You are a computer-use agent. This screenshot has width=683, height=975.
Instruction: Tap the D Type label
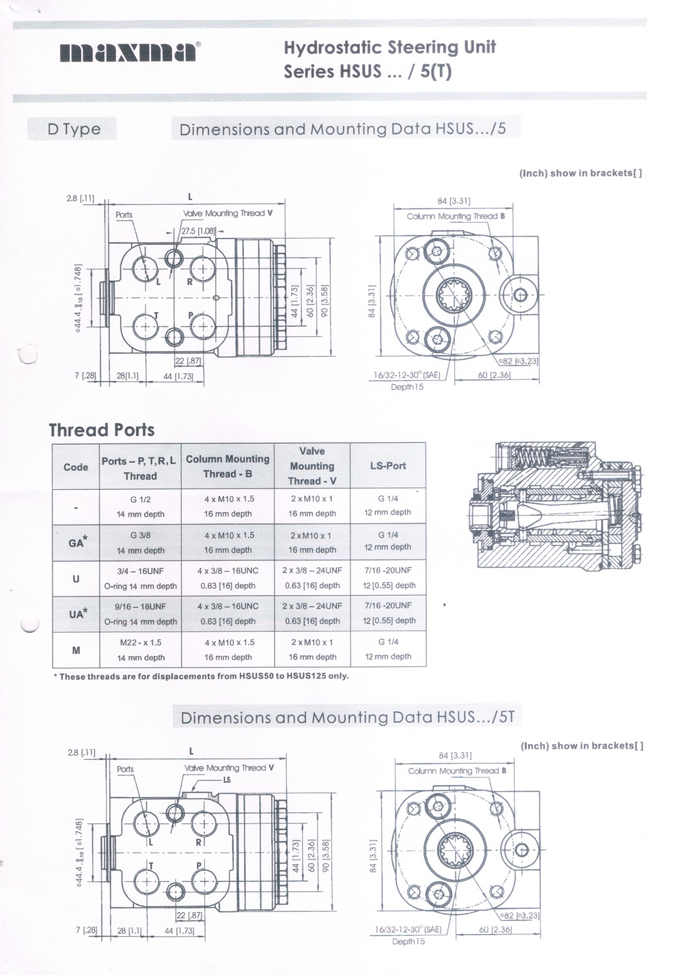74,129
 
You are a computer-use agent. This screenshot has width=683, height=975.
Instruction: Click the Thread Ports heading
102,430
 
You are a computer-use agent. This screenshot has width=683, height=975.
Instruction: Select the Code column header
76,467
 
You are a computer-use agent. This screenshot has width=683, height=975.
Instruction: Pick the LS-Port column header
387,466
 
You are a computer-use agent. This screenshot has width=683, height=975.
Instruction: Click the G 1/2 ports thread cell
140,506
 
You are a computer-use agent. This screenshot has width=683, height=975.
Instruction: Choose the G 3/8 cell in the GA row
140,543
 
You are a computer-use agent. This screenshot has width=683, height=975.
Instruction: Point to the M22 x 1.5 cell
140,650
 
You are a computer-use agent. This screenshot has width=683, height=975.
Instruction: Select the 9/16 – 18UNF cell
140,614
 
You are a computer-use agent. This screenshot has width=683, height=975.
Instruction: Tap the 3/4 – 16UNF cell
140,578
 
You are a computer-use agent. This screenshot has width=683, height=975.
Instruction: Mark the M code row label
76,650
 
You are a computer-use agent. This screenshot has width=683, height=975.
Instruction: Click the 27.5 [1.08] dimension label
198,231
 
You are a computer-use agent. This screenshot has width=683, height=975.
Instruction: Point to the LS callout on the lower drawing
227,780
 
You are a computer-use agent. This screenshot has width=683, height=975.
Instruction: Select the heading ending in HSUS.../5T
347,717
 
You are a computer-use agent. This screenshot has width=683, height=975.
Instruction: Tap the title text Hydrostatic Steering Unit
389,48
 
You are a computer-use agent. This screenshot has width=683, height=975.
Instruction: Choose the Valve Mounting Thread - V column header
312,466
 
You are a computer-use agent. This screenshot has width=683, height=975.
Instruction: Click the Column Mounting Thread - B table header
227,466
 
